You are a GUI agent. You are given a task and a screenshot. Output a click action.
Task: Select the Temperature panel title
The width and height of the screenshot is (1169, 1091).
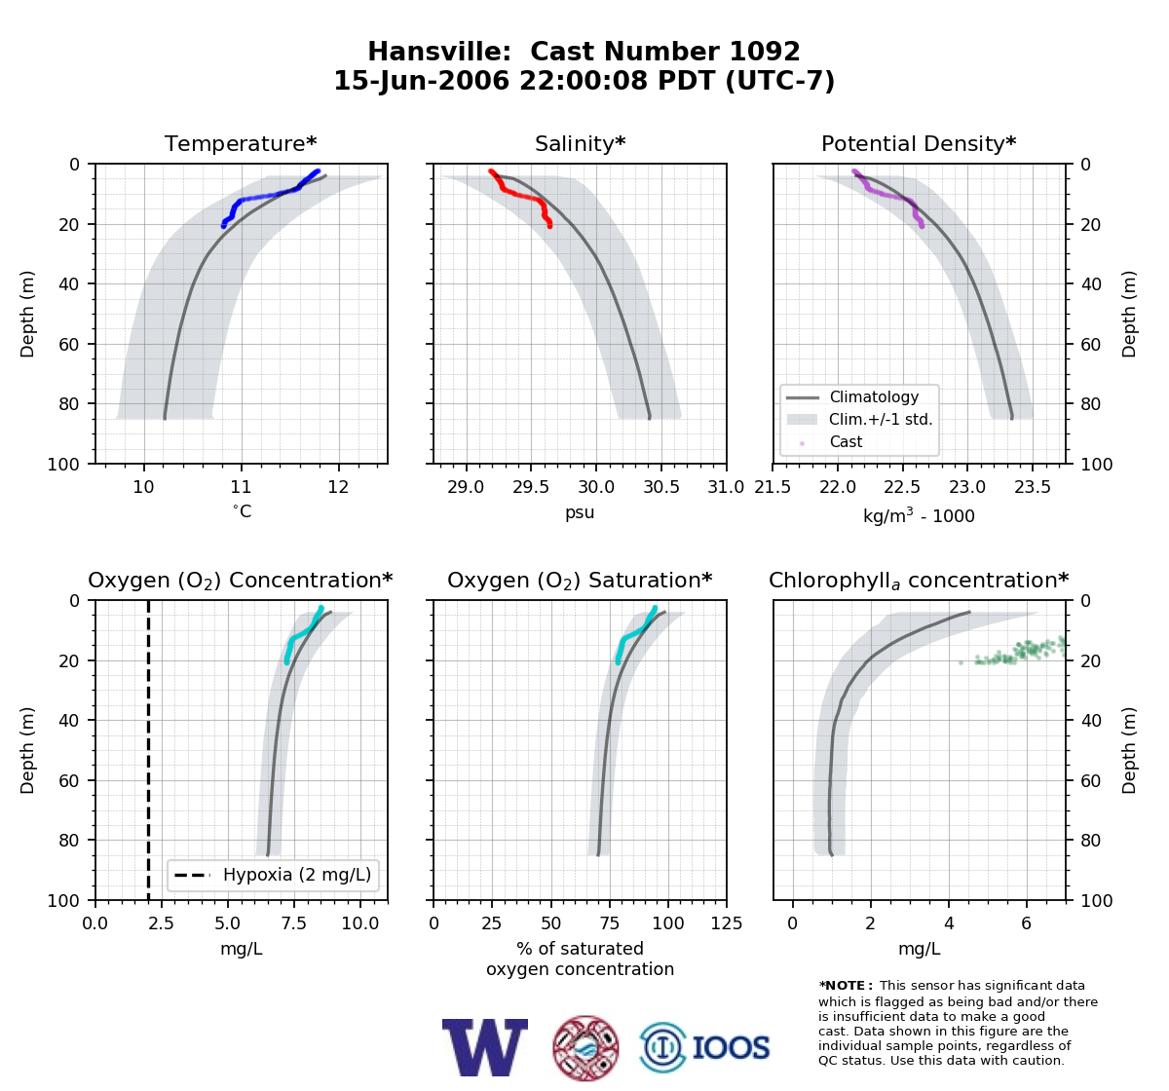[x=241, y=143]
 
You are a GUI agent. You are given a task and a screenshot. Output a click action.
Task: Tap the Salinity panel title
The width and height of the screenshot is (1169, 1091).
[x=580, y=143]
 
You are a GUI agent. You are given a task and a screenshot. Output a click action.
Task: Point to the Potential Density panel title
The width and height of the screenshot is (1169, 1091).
[x=919, y=143]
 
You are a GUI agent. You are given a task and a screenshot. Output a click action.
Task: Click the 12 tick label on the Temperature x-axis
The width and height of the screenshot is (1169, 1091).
[x=338, y=487]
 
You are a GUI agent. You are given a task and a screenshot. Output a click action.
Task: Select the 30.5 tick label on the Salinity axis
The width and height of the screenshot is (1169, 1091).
[x=661, y=487]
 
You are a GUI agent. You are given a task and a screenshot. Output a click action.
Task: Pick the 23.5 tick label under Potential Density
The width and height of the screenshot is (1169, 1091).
[x=1033, y=487]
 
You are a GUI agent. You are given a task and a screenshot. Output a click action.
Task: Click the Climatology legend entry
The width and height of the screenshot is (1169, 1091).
[x=874, y=397]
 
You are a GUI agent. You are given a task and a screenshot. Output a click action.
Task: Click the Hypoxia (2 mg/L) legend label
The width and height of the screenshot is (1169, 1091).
[x=297, y=875]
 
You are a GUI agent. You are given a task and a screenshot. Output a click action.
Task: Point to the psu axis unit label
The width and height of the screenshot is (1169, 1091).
[x=580, y=512]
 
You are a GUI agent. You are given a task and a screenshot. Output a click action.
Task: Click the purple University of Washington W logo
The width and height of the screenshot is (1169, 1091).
[x=485, y=1047]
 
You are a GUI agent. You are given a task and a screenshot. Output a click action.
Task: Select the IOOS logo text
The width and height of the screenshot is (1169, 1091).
[x=731, y=1048]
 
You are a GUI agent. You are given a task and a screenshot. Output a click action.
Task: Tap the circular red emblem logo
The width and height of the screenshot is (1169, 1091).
[x=585, y=1048]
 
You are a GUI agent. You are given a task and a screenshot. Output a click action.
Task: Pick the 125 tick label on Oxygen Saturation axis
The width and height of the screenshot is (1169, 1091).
[x=727, y=923]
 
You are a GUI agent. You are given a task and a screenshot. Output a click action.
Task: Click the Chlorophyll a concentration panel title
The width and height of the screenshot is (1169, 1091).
[x=919, y=581]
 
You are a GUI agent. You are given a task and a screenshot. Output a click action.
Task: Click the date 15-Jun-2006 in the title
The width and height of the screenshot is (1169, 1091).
[x=422, y=81]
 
